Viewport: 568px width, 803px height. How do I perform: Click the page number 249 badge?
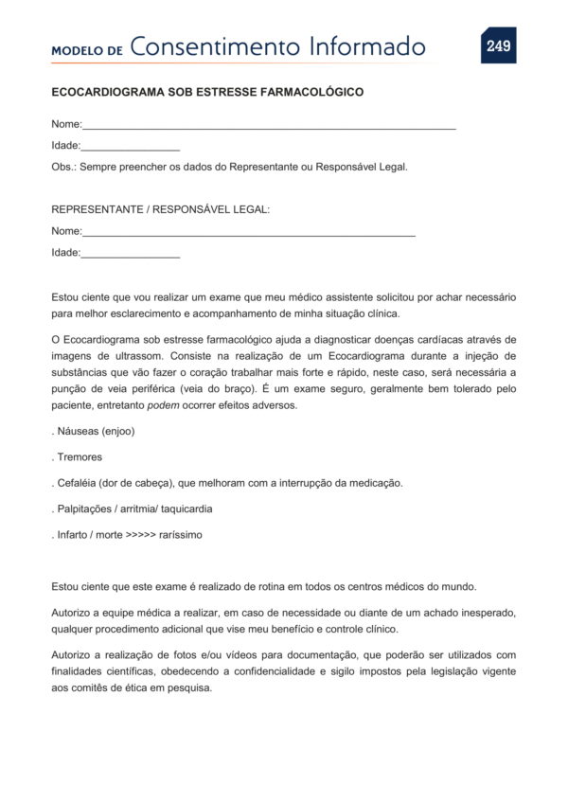pos(498,46)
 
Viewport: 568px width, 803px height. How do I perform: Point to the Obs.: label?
pos(63,167)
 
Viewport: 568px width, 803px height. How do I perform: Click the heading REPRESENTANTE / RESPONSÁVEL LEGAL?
pos(160,209)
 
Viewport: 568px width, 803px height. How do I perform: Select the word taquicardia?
pos(186,509)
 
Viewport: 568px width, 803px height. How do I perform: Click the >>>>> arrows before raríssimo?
pos(143,534)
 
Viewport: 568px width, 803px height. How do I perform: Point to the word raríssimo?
pos(181,534)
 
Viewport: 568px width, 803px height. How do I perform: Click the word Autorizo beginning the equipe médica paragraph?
pos(72,614)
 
